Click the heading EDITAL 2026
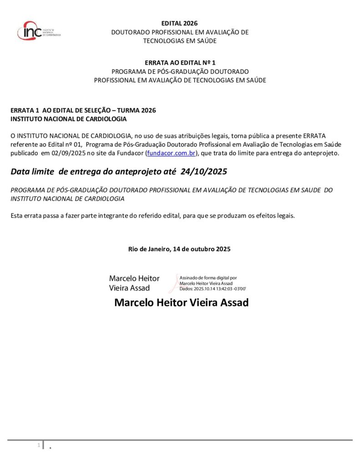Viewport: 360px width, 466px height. click(180, 24)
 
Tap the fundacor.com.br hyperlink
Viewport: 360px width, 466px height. click(171, 153)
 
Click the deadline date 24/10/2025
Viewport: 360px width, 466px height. click(203, 172)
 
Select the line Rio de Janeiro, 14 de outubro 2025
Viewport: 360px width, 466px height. click(179, 249)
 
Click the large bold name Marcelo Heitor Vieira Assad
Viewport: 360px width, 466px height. click(181, 303)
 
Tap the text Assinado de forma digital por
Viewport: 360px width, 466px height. click(208, 278)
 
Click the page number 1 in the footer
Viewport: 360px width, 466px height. click(39, 445)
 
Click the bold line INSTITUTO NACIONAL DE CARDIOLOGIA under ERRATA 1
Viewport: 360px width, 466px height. click(69, 119)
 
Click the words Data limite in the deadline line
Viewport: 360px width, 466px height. click(32, 172)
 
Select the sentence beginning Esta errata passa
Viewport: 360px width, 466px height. click(152, 216)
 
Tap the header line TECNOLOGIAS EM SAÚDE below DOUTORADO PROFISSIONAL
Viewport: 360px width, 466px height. click(180, 41)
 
